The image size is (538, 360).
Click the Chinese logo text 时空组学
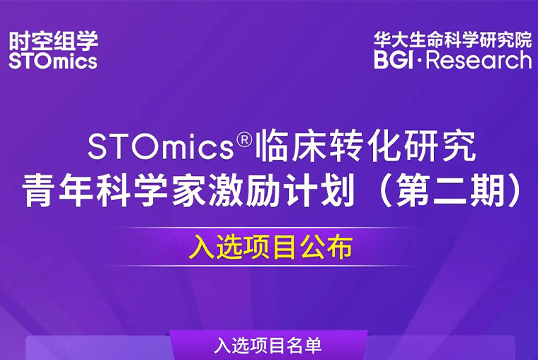point(53,40)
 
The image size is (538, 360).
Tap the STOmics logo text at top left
point(53,61)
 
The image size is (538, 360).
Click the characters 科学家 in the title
point(156,191)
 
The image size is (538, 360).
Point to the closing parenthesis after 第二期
point(512,191)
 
